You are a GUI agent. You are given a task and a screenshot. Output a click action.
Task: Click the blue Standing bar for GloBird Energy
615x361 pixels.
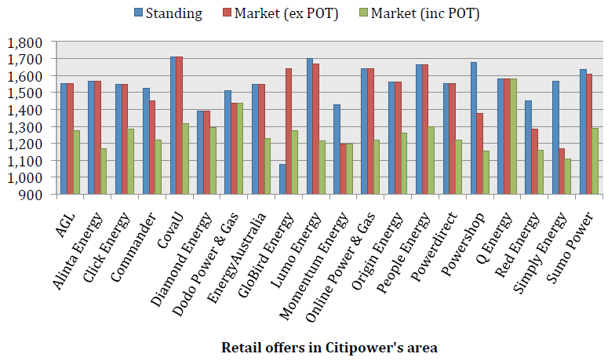point(282,179)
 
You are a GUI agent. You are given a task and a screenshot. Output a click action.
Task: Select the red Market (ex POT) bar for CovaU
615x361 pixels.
point(180,126)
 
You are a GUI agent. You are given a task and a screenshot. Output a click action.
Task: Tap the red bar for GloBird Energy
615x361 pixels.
point(289,131)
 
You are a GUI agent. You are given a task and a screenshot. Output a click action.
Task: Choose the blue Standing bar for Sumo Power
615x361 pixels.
point(583,132)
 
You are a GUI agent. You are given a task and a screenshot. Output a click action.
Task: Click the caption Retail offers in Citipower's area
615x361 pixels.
point(329,346)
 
